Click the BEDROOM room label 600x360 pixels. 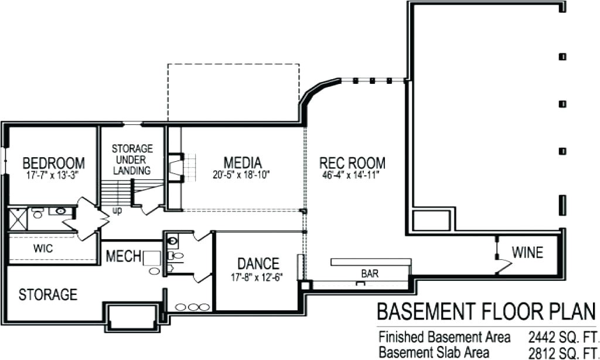[53, 162]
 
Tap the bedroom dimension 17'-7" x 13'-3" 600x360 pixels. [53, 175]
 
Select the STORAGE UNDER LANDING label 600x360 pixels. [132, 159]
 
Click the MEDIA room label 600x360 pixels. [243, 162]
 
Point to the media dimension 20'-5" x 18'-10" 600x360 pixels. [242, 175]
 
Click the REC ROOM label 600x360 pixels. [352, 162]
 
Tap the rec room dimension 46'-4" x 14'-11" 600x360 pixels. [352, 175]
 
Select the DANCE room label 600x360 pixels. [258, 264]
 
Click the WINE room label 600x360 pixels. [527, 253]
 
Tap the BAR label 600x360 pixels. [369, 274]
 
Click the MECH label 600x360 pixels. [123, 256]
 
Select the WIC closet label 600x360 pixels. [43, 249]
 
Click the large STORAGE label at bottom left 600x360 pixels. [48, 294]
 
